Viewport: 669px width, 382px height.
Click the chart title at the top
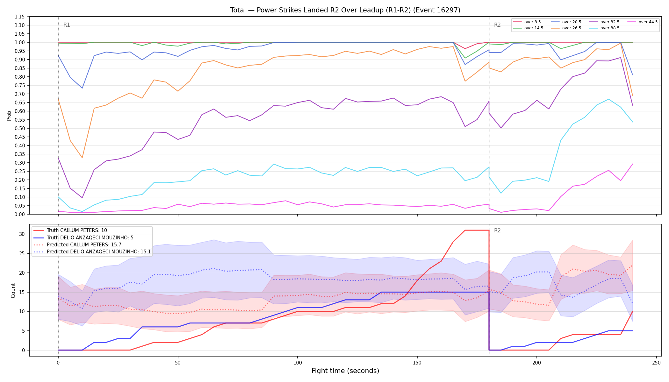click(345, 10)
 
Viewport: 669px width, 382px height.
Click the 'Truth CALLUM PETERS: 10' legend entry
click(70, 230)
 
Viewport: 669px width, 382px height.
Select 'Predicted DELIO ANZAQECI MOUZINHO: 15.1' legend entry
click(92, 252)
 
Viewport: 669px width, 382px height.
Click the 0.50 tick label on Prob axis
click(20, 128)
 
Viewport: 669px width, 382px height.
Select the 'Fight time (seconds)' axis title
click(345, 371)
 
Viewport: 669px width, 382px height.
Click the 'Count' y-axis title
click(13, 290)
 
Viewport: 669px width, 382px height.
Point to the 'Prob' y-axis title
click(9, 116)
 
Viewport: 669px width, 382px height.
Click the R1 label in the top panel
click(67, 25)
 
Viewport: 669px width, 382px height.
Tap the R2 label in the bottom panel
click(497, 230)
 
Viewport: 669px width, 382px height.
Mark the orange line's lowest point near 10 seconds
click(82, 158)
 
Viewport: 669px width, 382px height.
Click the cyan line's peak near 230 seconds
click(608, 99)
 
